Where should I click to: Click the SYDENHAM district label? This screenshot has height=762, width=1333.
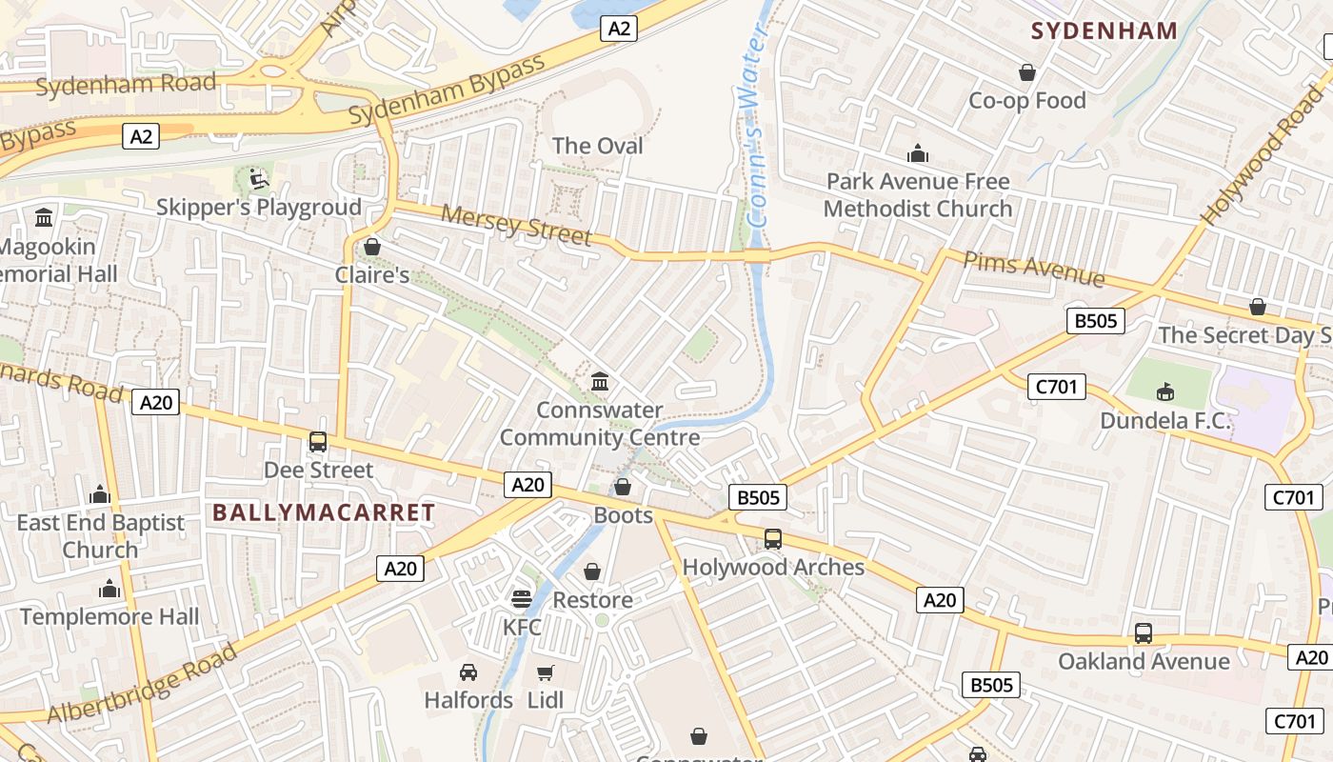(1104, 30)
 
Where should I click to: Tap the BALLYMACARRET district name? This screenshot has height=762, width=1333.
(324, 512)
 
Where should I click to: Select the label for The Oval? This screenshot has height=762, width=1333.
(598, 146)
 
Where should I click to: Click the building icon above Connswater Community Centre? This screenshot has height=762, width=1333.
(600, 382)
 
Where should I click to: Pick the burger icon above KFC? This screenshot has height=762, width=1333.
(521, 598)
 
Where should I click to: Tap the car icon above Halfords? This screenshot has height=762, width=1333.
(468, 672)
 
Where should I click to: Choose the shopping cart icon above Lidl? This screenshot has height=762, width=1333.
(545, 672)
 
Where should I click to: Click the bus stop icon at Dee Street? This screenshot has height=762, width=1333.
(318, 442)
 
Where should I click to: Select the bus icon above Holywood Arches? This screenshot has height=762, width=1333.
(773, 539)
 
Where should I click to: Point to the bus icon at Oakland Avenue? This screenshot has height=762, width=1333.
(1144, 633)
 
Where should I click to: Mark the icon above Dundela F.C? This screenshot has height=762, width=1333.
(1164, 391)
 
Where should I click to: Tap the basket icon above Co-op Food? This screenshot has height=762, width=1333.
(1027, 72)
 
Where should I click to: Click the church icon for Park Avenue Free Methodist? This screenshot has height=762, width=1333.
(918, 153)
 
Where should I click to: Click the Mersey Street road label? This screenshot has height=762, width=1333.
(515, 225)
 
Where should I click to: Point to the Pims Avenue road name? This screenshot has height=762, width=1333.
(1034, 269)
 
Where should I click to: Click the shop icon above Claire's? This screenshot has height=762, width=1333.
(372, 248)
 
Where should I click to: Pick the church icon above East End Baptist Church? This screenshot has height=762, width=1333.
(100, 494)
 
